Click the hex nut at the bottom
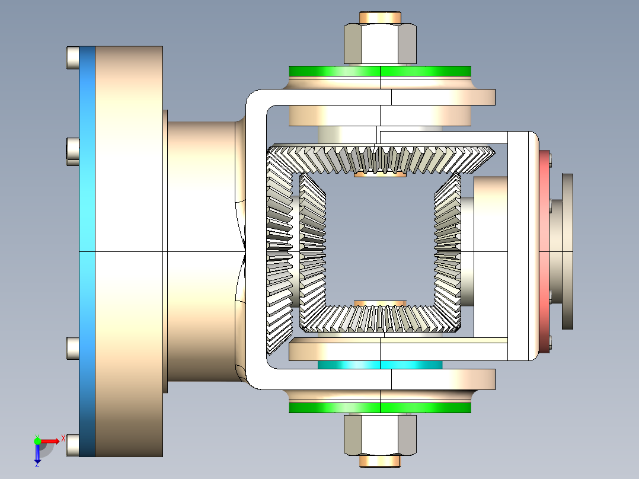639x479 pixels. pyautogui.click(x=379, y=435)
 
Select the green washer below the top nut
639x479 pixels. pyautogui.click(x=379, y=71)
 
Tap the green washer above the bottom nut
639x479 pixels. pyautogui.click(x=379, y=407)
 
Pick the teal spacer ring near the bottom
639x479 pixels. pyautogui.click(x=379, y=364)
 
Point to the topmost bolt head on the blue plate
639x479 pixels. pyautogui.click(x=72, y=58)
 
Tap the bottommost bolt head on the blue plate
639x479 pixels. pyautogui.click(x=72, y=445)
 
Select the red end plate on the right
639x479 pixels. pyautogui.click(x=545, y=251)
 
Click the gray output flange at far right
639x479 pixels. pyautogui.click(x=567, y=251)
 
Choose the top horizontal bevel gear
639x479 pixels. pyautogui.click(x=379, y=159)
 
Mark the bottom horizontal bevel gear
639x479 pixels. pyautogui.click(x=379, y=318)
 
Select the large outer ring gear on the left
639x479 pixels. pyautogui.click(x=279, y=251)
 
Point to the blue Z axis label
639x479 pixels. pyautogui.click(x=37, y=464)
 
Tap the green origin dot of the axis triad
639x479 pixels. pyautogui.click(x=37, y=440)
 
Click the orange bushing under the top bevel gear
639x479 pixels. pyautogui.click(x=379, y=174)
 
